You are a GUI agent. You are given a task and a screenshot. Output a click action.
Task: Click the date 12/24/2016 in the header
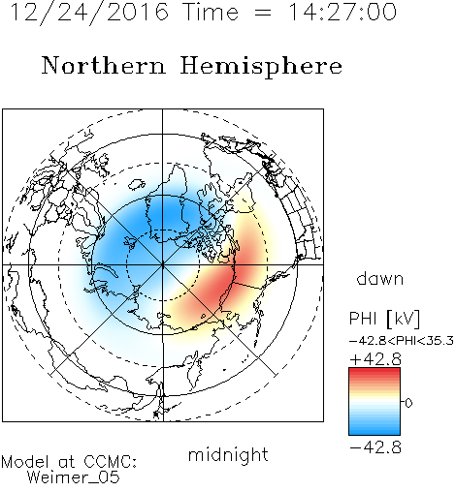(89, 12)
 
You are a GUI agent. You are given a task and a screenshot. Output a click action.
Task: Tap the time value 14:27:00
(342, 12)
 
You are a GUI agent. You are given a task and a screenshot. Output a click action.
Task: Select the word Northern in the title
(104, 66)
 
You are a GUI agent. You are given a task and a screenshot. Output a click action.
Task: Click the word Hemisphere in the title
(261, 67)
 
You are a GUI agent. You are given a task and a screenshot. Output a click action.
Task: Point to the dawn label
(380, 278)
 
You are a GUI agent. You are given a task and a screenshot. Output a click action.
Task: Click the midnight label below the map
(228, 454)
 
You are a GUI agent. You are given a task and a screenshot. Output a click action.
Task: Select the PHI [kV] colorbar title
(384, 319)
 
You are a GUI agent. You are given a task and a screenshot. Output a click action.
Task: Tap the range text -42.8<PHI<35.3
(402, 341)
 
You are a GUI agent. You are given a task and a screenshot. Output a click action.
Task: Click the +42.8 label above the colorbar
(375, 359)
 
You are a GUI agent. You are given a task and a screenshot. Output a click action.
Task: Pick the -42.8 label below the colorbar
(375, 447)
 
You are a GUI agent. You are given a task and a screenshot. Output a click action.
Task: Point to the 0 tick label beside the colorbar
(408, 403)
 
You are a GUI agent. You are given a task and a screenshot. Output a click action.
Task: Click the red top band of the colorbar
(375, 371)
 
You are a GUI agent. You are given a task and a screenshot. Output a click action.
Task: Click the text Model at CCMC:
(69, 462)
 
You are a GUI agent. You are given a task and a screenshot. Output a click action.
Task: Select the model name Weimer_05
(74, 477)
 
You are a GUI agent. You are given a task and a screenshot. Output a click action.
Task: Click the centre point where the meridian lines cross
(163, 264)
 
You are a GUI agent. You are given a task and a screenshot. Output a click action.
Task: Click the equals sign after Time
(262, 13)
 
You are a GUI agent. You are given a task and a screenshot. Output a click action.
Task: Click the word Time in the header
(211, 12)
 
